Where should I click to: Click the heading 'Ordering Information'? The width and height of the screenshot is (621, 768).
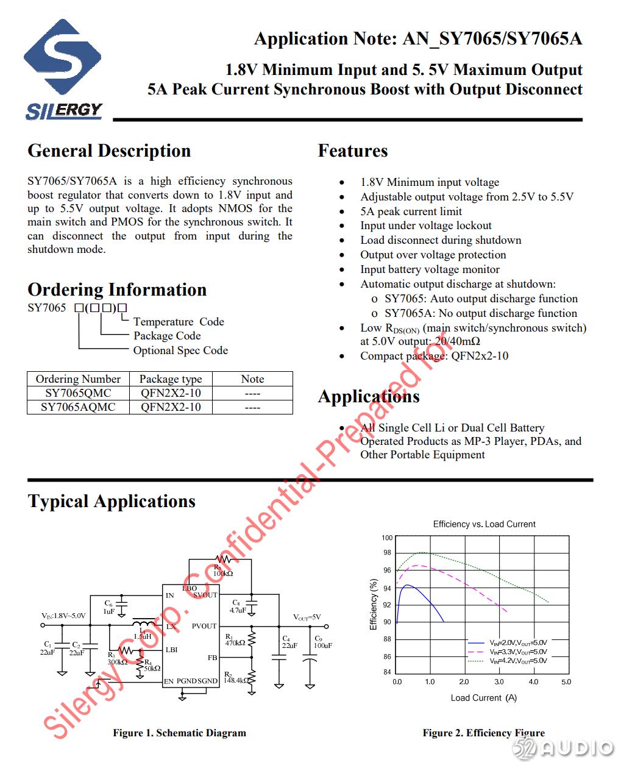pyautogui.click(x=117, y=290)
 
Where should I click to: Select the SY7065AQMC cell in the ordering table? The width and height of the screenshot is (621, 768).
pyautogui.click(x=78, y=407)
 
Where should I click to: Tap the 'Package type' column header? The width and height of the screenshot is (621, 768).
pyautogui.click(x=171, y=379)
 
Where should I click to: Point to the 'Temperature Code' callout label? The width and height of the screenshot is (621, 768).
pyautogui.click(x=179, y=322)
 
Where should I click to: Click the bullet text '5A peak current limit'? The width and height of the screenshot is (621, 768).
pyautogui.click(x=411, y=211)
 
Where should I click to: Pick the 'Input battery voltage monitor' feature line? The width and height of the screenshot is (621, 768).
pyautogui.click(x=430, y=269)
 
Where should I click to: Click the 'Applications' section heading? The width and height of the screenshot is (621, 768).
pyautogui.click(x=369, y=397)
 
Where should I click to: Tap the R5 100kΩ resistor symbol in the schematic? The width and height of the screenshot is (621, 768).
pyautogui.click(x=224, y=559)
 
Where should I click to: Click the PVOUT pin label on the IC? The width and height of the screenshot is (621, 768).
pyautogui.click(x=204, y=626)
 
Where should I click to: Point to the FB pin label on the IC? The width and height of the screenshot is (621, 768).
pyautogui.click(x=212, y=658)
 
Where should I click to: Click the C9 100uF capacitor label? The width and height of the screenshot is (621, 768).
pyautogui.click(x=322, y=642)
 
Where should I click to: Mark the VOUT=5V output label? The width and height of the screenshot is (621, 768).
pyautogui.click(x=307, y=617)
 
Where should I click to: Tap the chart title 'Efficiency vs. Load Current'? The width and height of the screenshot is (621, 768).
pyautogui.click(x=484, y=524)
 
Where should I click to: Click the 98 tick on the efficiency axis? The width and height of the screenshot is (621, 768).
pyautogui.click(x=387, y=553)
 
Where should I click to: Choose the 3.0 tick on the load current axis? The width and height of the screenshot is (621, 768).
pyautogui.click(x=499, y=682)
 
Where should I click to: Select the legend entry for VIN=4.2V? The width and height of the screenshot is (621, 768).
pyautogui.click(x=518, y=661)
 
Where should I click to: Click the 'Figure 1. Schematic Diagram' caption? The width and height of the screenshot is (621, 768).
pyautogui.click(x=179, y=733)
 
